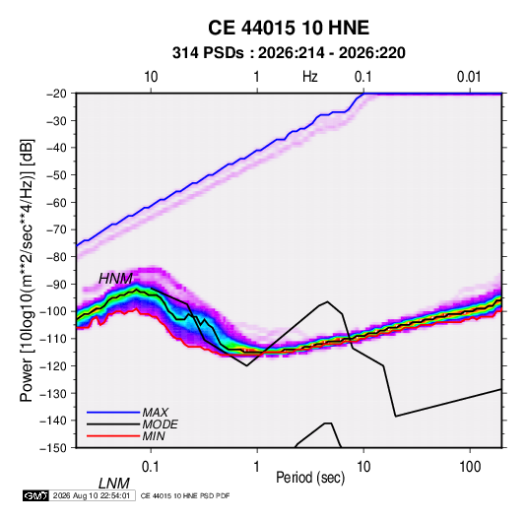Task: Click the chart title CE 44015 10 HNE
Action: pos(289,28)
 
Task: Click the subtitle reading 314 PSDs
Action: pos(208,53)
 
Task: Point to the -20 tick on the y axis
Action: pos(56,94)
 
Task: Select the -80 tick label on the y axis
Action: pos(56,257)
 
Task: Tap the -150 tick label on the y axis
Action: pos(53,448)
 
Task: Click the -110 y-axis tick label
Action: pos(53,339)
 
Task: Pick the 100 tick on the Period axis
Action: pos(470,466)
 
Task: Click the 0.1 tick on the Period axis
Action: pos(151,466)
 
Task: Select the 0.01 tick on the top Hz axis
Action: pos(469,77)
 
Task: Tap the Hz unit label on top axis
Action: pos(310,77)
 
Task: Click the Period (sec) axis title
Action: pos(310,478)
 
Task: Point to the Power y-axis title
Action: pos(27,270)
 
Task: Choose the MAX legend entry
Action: pos(156,412)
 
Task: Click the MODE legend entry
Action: pos(160,424)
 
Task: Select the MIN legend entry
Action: pos(154,436)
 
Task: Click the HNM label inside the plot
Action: pos(115,279)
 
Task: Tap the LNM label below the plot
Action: pos(114,484)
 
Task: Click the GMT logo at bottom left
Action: pos(35,495)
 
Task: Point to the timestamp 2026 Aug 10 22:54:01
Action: pos(92,495)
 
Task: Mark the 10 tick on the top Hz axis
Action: pos(151,77)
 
